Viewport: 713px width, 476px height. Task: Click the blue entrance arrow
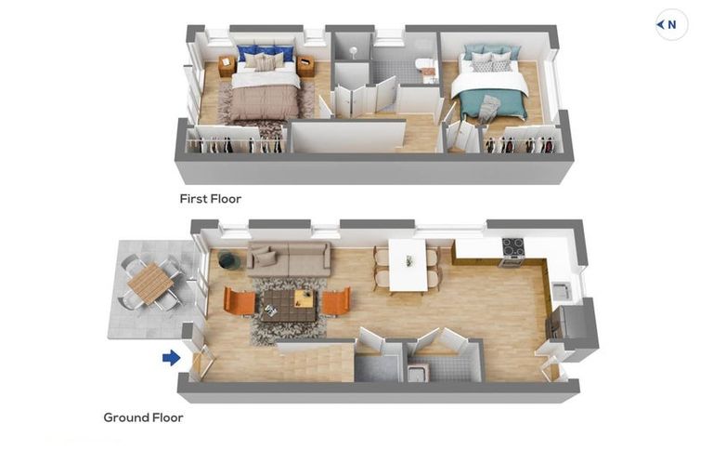coord(172,358)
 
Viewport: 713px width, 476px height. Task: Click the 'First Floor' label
coord(211,199)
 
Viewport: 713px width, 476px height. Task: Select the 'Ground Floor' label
coord(143,417)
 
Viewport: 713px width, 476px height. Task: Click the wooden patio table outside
coord(150,283)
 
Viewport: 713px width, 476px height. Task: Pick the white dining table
coord(408,265)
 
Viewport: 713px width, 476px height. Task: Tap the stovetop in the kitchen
coord(513,248)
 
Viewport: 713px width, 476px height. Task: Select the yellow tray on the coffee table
coord(304,298)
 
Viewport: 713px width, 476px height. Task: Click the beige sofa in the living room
coord(289,259)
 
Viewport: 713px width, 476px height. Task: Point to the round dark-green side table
coord(229,260)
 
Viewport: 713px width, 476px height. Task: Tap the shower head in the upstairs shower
coord(353,51)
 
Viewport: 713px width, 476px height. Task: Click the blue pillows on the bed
coord(265,52)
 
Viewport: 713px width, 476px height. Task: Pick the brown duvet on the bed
coord(266,102)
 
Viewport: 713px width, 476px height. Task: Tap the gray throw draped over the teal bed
coord(490,108)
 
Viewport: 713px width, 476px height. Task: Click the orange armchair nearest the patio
coord(240,302)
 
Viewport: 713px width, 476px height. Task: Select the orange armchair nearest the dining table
coord(336,301)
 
